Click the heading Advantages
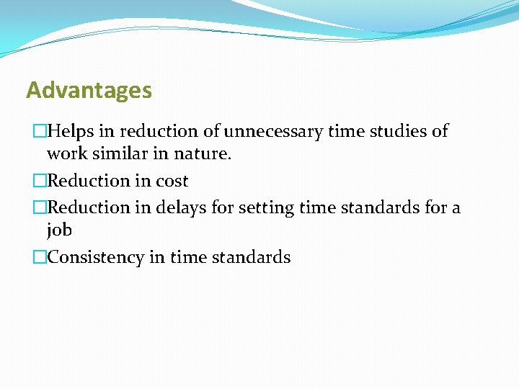(x=89, y=91)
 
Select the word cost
(x=172, y=181)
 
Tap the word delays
(x=178, y=207)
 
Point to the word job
(x=59, y=231)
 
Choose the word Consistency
(x=96, y=257)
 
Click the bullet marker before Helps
(x=40, y=132)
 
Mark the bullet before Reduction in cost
(x=40, y=182)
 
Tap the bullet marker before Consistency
(x=40, y=258)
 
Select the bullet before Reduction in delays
(x=40, y=208)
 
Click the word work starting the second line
(x=65, y=155)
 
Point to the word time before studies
(x=345, y=131)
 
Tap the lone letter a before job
(x=456, y=208)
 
